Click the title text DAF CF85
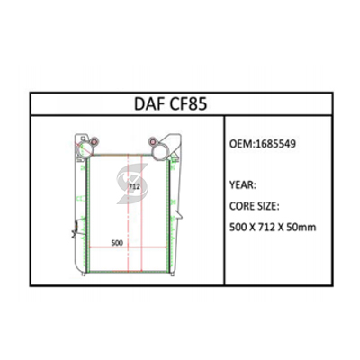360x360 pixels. click(170, 104)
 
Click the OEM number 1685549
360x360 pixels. click(275, 144)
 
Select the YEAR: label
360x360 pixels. click(243, 185)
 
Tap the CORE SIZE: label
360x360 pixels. click(255, 206)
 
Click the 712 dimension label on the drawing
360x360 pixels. click(134, 187)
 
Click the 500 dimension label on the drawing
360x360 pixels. click(117, 242)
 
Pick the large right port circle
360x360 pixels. click(160, 153)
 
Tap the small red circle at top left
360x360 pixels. click(94, 141)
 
